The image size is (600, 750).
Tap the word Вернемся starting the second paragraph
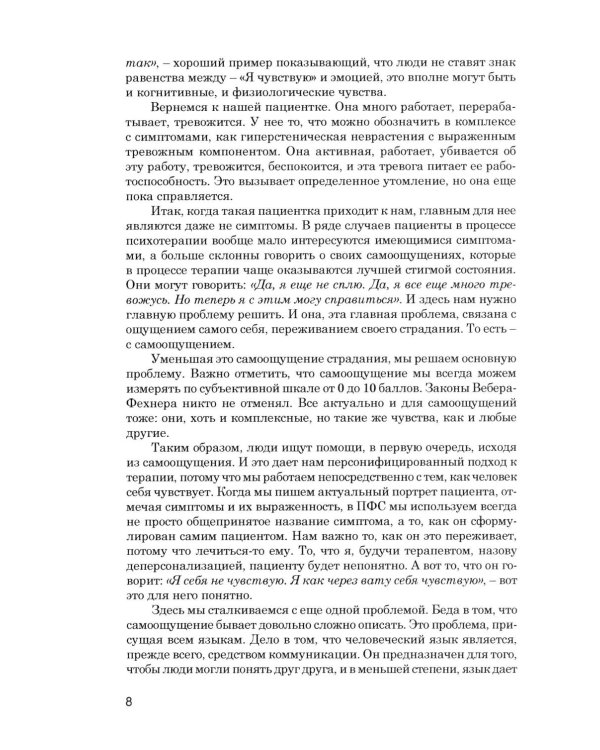tap(179, 108)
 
